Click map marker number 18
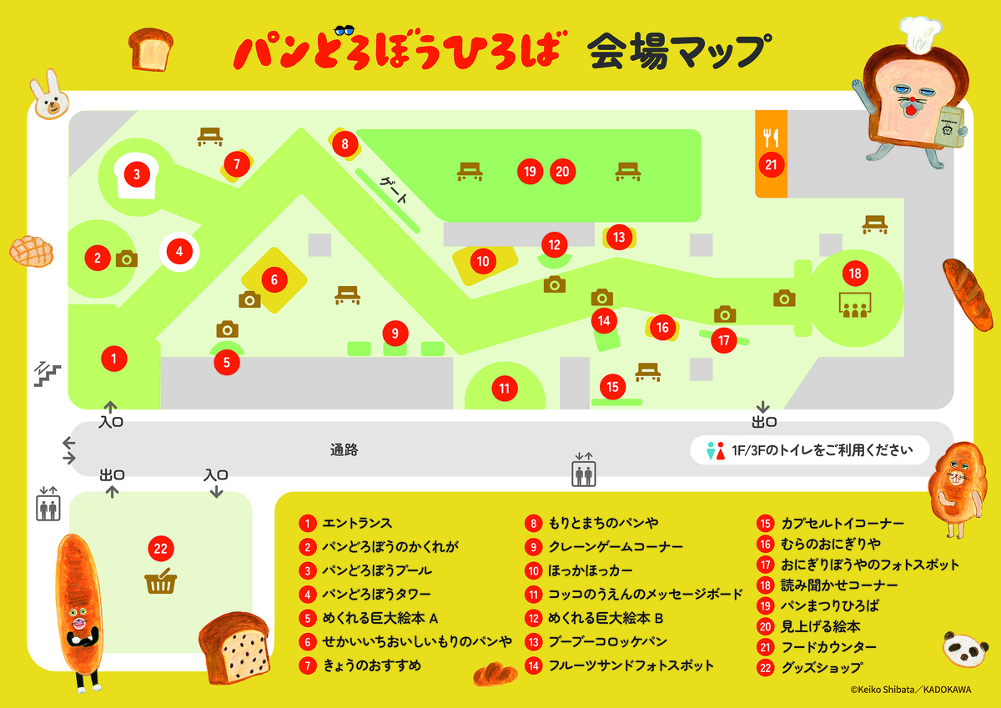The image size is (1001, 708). tap(854, 273)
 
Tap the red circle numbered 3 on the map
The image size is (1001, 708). tap(137, 175)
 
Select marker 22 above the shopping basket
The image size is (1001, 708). tap(160, 549)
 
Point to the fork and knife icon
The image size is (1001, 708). tap(771, 137)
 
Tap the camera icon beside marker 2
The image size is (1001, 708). tap(126, 259)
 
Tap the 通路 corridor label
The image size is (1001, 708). tap(344, 450)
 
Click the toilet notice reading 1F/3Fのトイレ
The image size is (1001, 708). tap(809, 450)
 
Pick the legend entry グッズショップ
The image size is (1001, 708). tap(822, 668)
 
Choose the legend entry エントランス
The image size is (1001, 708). tap(357, 524)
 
